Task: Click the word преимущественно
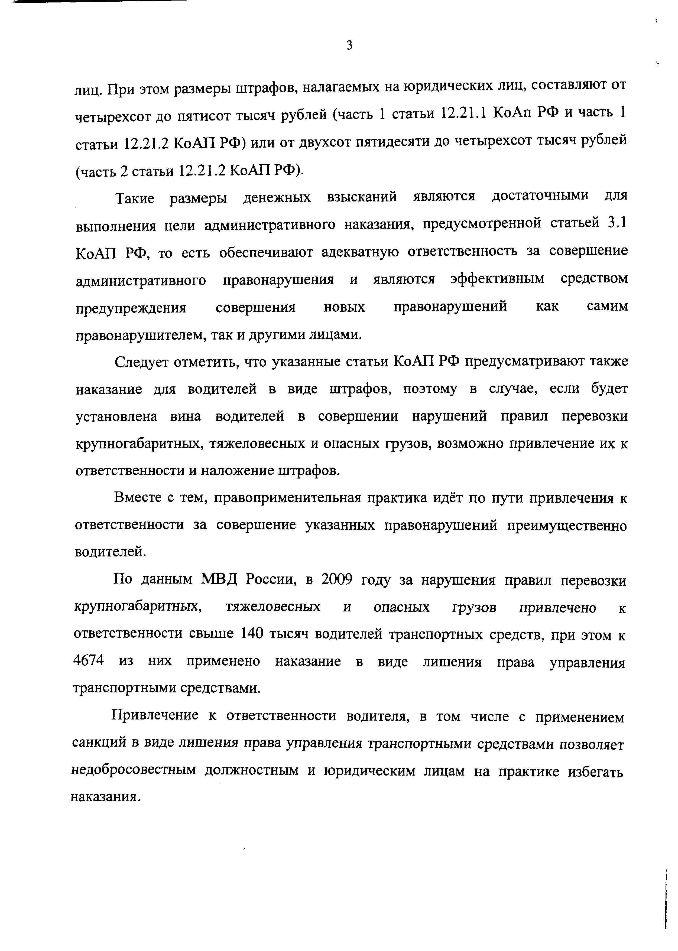[566, 526]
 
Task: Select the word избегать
[595, 772]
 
